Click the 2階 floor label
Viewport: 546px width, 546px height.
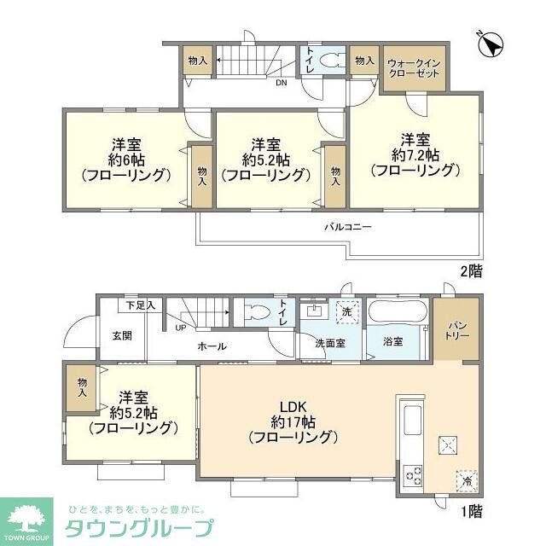point(470,271)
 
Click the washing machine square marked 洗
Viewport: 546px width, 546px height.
point(346,312)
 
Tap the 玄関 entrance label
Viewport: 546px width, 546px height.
point(122,335)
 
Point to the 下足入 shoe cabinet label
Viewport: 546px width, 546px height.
point(140,305)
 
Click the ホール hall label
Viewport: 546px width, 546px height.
point(212,346)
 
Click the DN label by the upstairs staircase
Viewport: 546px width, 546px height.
point(281,83)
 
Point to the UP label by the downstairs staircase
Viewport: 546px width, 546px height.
point(180,327)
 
